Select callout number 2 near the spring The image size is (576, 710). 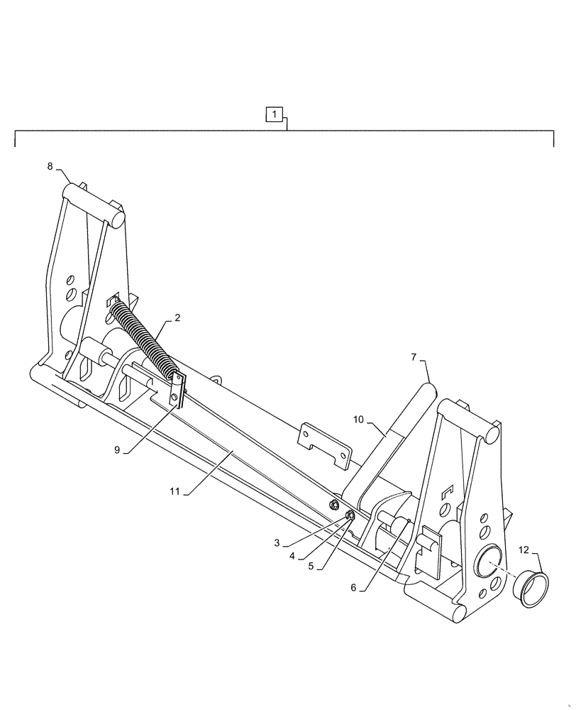tap(177, 318)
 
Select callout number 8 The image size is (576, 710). tap(50, 166)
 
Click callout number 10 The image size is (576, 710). tap(358, 420)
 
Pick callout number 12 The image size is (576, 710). tap(523, 550)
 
